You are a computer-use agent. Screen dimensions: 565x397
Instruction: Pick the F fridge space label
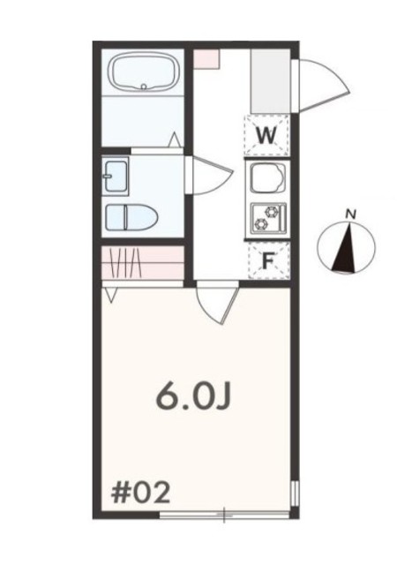268,260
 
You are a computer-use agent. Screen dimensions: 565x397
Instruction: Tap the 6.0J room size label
193,396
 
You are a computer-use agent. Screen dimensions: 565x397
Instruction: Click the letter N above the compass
350,214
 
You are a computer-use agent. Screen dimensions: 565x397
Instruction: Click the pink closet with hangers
141,261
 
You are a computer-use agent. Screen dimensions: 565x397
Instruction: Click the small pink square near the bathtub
205,58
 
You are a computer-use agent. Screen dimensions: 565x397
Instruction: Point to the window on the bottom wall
225,513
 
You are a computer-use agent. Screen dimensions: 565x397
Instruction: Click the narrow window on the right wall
296,495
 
